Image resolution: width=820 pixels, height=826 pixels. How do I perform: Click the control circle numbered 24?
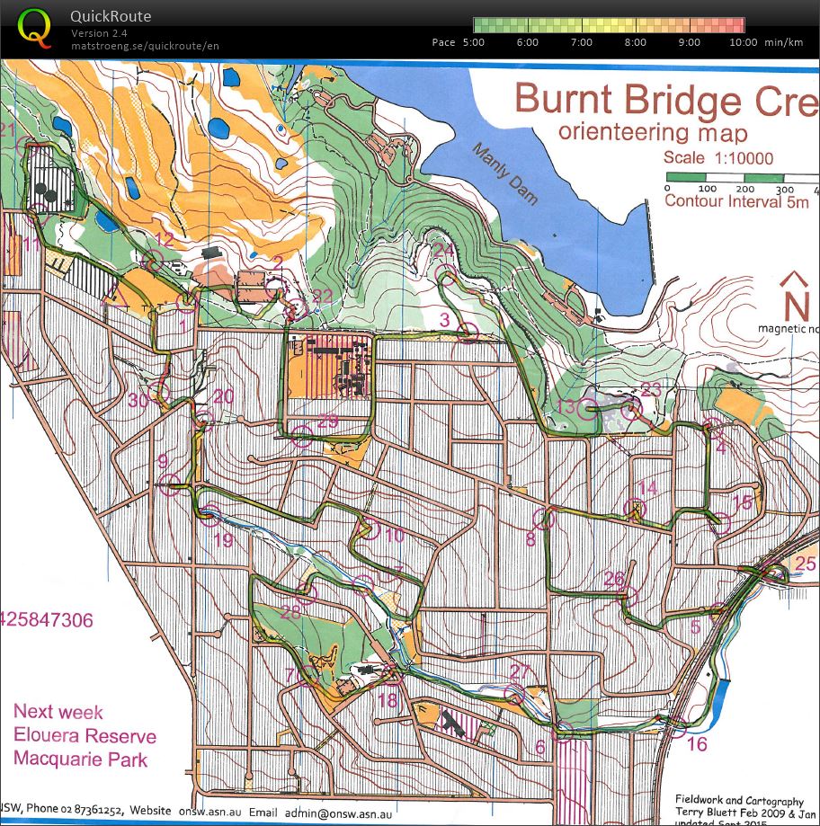[x=444, y=273]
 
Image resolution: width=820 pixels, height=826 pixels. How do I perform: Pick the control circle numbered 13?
[x=589, y=410]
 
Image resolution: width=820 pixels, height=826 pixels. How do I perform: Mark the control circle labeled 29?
[x=302, y=438]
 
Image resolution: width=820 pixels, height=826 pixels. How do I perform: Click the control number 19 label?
[x=222, y=540]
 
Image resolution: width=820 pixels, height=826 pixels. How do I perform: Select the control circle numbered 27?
[x=514, y=693]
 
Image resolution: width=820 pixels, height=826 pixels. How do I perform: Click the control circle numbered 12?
[x=154, y=261]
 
